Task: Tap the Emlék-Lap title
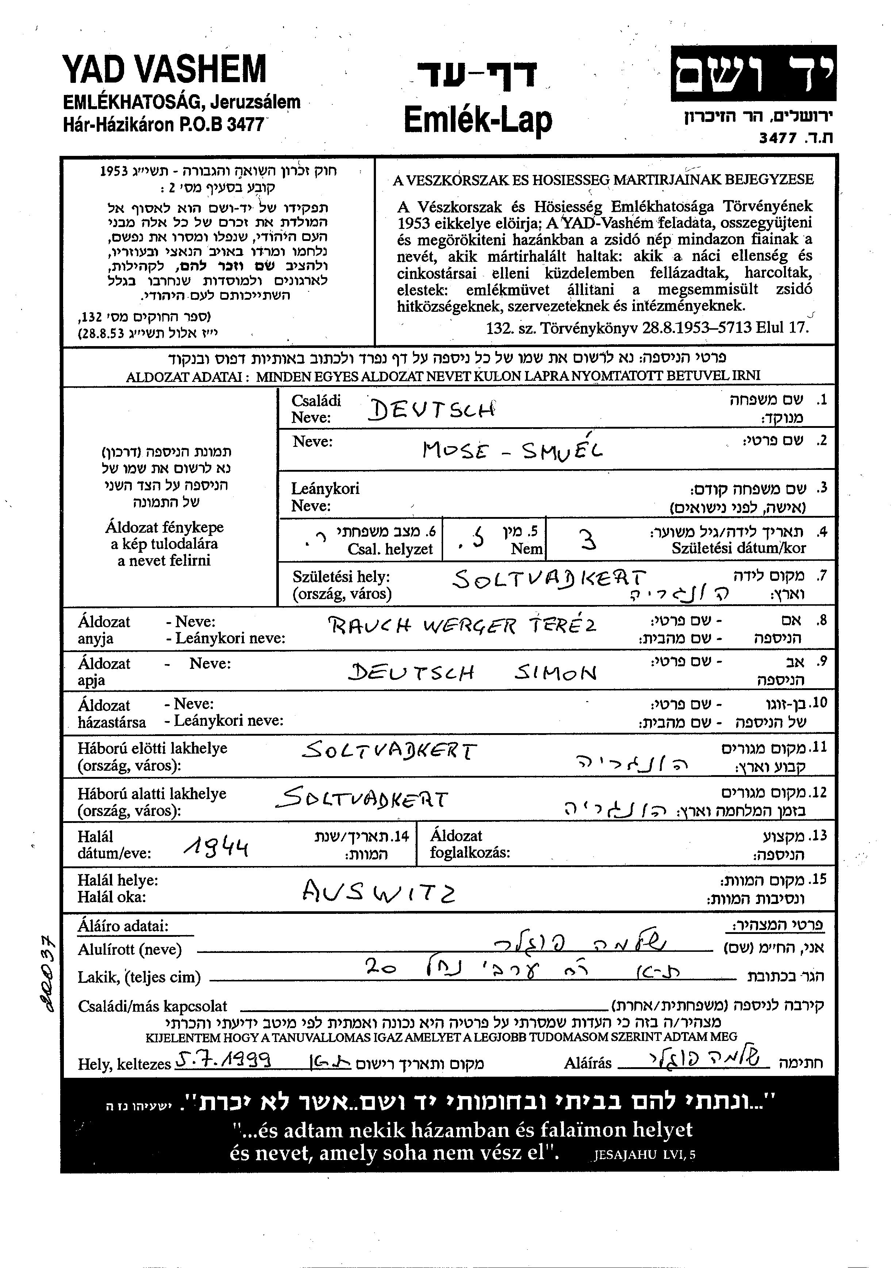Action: pos(477,120)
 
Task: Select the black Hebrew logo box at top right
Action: pos(753,73)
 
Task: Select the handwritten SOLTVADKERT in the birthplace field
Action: pos(548,579)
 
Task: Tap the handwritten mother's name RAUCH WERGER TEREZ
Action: pos(463,626)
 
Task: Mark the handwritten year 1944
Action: pos(216,846)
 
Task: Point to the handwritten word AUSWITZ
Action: pos(379,890)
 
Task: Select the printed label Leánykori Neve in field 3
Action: pos(325,497)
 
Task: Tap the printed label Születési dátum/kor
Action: pos(738,548)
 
